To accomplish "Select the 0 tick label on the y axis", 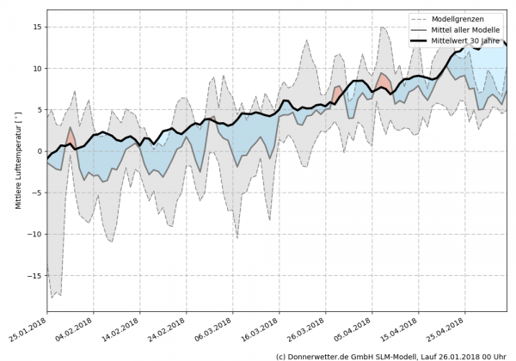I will [38, 151].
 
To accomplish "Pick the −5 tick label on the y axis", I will [35, 193].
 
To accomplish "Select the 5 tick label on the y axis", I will [38, 109].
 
